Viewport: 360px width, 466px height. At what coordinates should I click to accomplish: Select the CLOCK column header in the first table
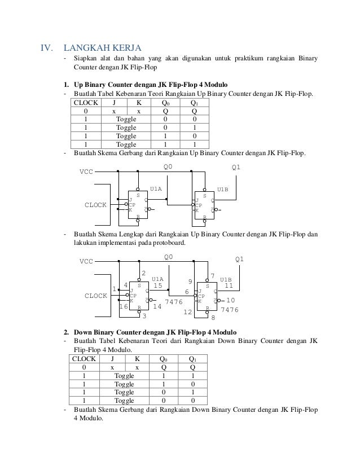tap(85, 103)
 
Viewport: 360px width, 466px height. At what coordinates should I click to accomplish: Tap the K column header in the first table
tap(139, 103)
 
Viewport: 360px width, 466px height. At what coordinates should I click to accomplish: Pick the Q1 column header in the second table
tap(193, 358)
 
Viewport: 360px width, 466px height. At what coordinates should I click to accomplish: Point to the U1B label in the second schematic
tap(226, 279)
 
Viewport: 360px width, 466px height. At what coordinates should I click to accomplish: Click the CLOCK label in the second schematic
tap(95, 295)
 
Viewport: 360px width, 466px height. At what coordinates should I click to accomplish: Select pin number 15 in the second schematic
tap(158, 285)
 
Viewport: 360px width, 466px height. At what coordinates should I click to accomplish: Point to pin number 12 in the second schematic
tap(189, 311)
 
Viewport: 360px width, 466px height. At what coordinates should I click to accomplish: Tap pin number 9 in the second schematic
tap(190, 281)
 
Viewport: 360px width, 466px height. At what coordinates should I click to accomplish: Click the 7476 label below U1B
tap(229, 310)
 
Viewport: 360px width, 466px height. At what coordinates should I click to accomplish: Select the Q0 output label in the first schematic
tap(168, 167)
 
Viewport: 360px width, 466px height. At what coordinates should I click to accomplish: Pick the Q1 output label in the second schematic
tap(240, 260)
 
